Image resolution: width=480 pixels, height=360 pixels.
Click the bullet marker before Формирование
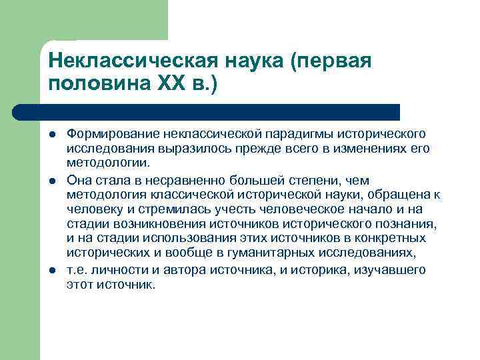[x=53, y=135]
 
